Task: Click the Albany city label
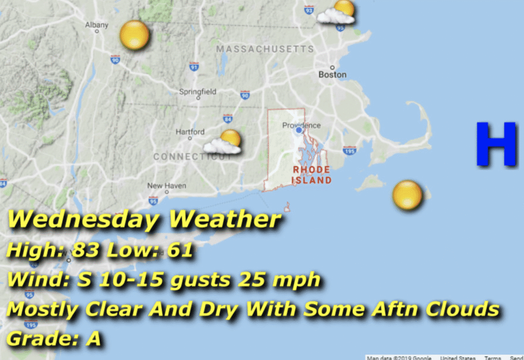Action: tap(97, 25)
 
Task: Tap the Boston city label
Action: tap(332, 74)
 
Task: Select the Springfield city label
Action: tap(198, 92)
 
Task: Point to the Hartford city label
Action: tap(190, 132)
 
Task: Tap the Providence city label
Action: tap(301, 125)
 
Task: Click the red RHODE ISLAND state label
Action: tap(311, 174)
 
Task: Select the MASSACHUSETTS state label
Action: tap(265, 49)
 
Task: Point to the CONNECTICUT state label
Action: tap(192, 157)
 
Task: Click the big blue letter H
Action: tap(495, 144)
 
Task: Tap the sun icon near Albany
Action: tap(134, 35)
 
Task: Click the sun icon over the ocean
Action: tap(407, 195)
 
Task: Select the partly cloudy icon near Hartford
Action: tap(224, 142)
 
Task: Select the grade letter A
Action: tap(93, 339)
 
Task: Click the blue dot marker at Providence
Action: tap(299, 130)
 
